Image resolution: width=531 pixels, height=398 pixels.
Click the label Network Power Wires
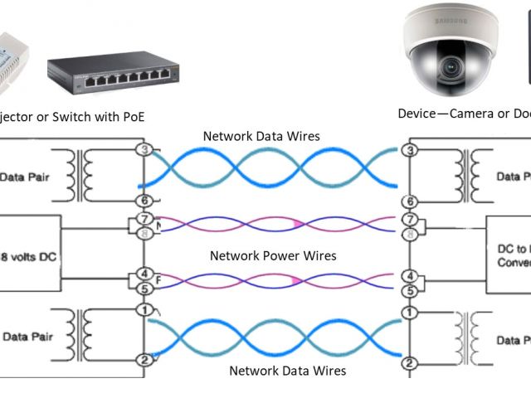(273, 255)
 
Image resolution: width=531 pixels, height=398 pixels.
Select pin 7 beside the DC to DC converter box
(409, 219)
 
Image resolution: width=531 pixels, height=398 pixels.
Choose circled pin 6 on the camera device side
(408, 201)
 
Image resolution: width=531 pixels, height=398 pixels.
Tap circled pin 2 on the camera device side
(408, 362)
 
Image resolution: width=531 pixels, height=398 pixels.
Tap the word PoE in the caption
(130, 116)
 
